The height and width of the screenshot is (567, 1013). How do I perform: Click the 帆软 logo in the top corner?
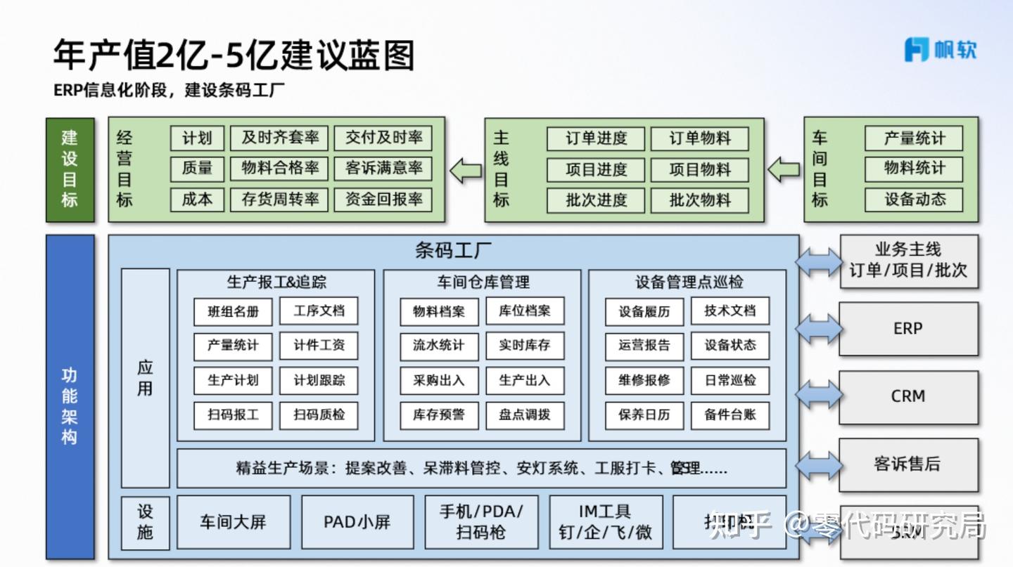coord(940,49)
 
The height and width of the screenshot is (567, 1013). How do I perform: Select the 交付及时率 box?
coord(383,138)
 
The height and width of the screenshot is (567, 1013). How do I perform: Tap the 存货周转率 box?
coord(280,200)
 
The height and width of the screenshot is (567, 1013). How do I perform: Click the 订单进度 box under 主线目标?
coord(595,138)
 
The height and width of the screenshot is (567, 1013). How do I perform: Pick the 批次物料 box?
coord(699,200)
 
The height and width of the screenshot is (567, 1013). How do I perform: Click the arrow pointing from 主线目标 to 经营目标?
coord(466,169)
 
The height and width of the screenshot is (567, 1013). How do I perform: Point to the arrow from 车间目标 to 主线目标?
coord(784,169)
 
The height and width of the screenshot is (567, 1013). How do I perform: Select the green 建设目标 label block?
coord(70,169)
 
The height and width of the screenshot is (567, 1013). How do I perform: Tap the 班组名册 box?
coord(233,311)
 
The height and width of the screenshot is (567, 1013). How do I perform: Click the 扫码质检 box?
coord(319,415)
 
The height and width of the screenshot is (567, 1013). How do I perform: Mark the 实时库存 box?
coord(525,346)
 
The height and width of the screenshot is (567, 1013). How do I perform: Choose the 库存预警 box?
coord(439,415)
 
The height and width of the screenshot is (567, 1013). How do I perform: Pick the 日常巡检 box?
coord(730,380)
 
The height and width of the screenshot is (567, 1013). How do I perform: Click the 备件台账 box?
coord(730,415)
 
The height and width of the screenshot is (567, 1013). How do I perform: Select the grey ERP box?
coord(908,329)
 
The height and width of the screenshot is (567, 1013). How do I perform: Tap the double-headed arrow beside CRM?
coord(819,397)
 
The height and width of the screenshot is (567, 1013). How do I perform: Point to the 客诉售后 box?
coord(908,464)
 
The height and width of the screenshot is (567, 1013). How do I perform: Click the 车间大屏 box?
coord(233,522)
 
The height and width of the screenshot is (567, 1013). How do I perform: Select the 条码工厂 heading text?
coord(453,251)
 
